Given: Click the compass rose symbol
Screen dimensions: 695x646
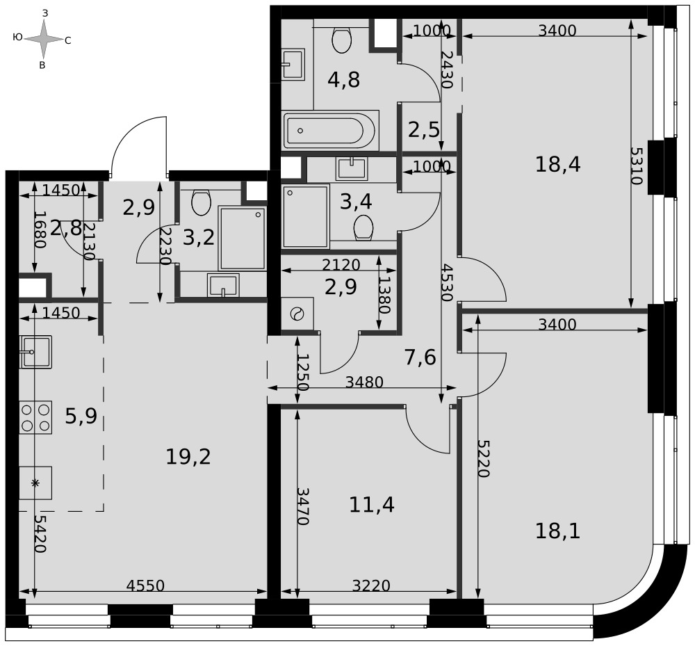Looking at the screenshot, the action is pyautogui.click(x=43, y=40).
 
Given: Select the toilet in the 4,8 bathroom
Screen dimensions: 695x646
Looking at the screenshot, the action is pyautogui.click(x=341, y=40).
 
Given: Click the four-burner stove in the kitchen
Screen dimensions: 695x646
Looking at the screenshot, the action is pyautogui.click(x=35, y=418).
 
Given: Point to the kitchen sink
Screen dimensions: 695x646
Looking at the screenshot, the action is pyautogui.click(x=35, y=352).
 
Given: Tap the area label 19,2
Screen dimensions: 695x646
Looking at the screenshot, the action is pyautogui.click(x=188, y=457).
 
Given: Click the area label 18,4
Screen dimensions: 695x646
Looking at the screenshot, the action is pyautogui.click(x=557, y=165).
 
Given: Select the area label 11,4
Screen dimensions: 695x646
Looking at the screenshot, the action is pyautogui.click(x=371, y=505).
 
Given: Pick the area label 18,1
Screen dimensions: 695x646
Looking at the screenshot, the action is pyautogui.click(x=557, y=531).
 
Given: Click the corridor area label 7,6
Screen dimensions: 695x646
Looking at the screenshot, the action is pyautogui.click(x=420, y=357).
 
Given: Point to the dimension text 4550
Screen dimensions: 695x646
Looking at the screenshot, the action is pyautogui.click(x=145, y=586).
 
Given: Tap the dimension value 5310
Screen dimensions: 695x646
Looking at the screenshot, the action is pyautogui.click(x=636, y=165).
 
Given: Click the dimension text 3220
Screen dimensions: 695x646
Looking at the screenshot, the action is pyautogui.click(x=371, y=586).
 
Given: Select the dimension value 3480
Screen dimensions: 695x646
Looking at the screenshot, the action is pyautogui.click(x=364, y=382).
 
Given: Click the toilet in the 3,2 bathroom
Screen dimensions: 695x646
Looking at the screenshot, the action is pyautogui.click(x=202, y=202).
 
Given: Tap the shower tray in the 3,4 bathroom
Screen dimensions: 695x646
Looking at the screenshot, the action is pyautogui.click(x=306, y=216).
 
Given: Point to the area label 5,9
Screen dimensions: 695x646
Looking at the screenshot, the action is pyautogui.click(x=81, y=417).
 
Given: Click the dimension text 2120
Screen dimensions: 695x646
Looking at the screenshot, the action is pyautogui.click(x=341, y=265).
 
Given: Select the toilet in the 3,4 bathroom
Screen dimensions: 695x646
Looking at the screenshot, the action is pyautogui.click(x=363, y=228).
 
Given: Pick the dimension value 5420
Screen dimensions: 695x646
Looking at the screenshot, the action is pyautogui.click(x=40, y=534).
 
